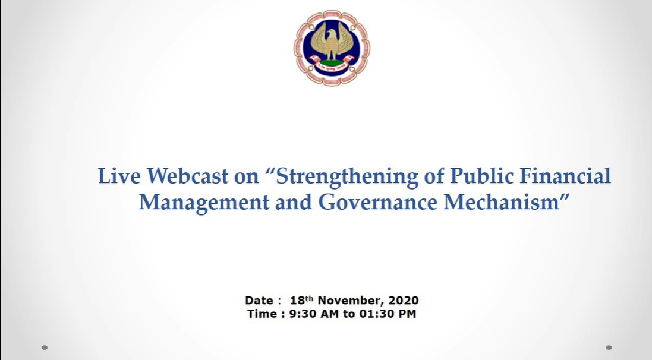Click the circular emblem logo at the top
(x=332, y=48)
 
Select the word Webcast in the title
(x=187, y=176)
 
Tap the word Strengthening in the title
(x=347, y=176)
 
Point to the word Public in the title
(x=482, y=176)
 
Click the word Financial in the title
(x=565, y=176)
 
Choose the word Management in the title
(x=204, y=203)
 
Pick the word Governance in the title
(x=377, y=203)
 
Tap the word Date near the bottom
(x=259, y=301)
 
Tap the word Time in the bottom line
(x=262, y=314)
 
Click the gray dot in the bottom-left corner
(x=45, y=348)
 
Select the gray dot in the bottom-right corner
(x=609, y=348)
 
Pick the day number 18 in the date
(x=297, y=301)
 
